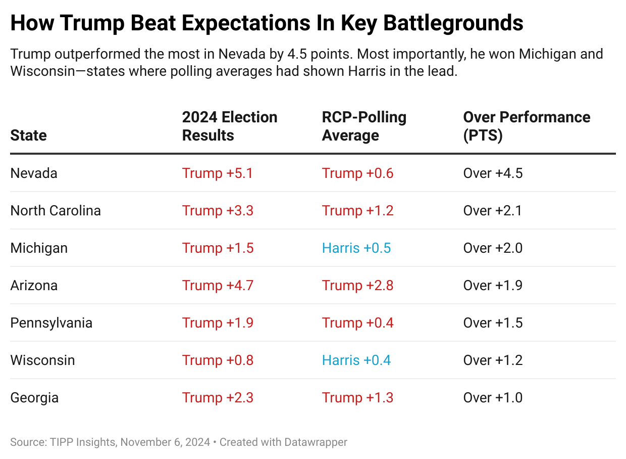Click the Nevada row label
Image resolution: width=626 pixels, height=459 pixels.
34,173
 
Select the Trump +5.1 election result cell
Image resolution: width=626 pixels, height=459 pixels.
218,173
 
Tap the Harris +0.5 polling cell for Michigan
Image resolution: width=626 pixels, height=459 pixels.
356,248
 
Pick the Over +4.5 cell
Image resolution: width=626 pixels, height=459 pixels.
493,173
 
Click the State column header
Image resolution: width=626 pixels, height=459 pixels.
28,135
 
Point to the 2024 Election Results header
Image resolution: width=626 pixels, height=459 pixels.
230,126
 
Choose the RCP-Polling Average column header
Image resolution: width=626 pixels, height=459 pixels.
364,126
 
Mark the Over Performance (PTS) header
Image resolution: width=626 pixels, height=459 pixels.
527,126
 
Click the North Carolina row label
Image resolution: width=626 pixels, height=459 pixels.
56,211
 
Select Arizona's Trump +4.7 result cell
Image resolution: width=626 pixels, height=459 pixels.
218,286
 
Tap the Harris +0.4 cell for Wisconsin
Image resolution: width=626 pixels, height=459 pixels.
356,360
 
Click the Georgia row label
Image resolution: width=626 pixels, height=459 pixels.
34,398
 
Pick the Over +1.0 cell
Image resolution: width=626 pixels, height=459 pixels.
493,398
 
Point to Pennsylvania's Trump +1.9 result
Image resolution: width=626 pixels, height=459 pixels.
218,323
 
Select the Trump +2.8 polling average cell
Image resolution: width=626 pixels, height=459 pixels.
357,286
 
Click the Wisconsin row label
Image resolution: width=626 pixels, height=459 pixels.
42,360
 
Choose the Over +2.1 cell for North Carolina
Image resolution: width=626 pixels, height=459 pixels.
493,211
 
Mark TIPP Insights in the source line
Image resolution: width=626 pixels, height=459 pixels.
83,442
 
